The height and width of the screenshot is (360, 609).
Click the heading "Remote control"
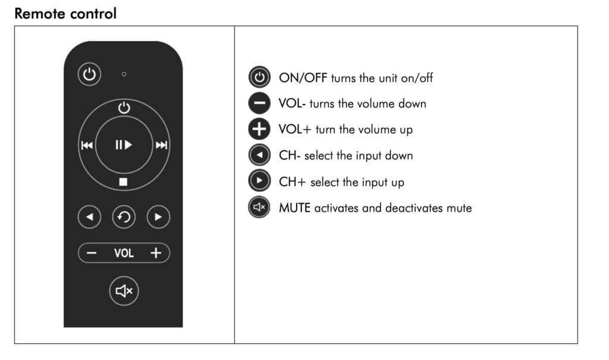[x=65, y=14]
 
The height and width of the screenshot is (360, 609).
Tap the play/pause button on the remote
[x=124, y=145]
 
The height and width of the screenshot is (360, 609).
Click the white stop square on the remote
[x=123, y=181]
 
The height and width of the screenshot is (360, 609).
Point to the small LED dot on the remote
[x=124, y=74]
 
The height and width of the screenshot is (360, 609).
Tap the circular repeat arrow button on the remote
[x=124, y=217]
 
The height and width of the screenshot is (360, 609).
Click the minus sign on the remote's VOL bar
[x=91, y=253]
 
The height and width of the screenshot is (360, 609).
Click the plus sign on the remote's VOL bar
[x=156, y=253]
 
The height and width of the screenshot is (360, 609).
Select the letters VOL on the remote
[x=124, y=253]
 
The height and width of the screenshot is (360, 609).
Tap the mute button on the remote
[x=124, y=291]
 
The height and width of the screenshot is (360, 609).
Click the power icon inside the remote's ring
[x=124, y=107]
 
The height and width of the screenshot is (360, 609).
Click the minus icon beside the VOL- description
[x=259, y=103]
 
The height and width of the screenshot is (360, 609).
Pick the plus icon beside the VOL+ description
[x=259, y=129]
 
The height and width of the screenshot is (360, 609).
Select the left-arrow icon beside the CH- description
[x=259, y=155]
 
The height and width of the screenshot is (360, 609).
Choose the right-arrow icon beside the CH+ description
[x=259, y=181]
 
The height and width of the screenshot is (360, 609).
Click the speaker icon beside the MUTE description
[x=259, y=207]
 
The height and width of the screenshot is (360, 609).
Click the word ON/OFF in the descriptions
[x=303, y=78]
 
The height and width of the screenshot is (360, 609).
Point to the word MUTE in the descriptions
[x=294, y=208]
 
